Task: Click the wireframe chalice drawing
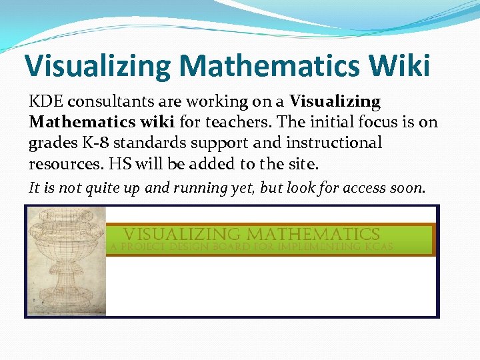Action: (x=66, y=260)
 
